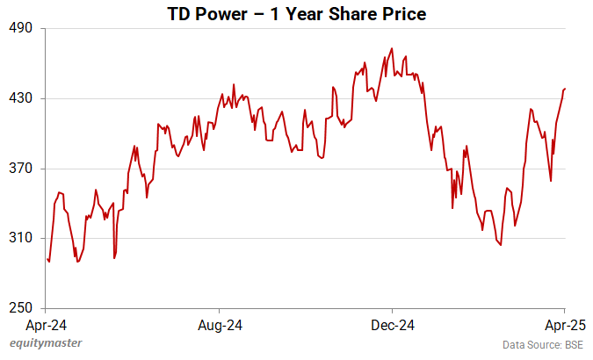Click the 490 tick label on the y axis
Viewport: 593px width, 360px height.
pos(21,28)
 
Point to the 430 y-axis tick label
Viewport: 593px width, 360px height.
pos(21,98)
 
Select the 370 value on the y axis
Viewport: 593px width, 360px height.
pos(21,169)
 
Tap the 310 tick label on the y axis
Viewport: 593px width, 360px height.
pos(21,238)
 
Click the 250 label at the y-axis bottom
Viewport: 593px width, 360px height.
pos(21,308)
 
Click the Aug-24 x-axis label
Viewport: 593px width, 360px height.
pos(220,325)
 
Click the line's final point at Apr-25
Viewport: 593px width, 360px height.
pos(565,88)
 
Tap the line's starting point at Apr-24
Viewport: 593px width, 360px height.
pos(47,258)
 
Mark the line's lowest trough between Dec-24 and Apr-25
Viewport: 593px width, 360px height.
pos(501,245)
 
